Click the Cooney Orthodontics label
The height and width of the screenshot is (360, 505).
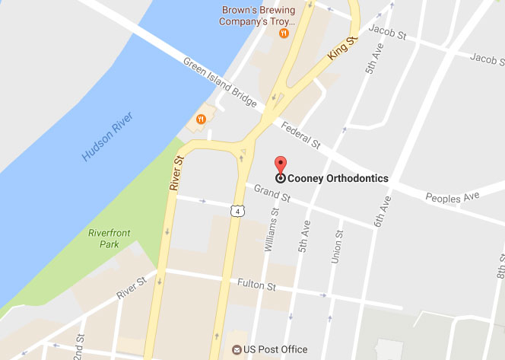pos(338,179)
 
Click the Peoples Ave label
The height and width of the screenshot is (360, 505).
pos(455,198)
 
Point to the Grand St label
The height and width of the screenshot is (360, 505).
pos(273,193)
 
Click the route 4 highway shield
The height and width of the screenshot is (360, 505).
pos(238,209)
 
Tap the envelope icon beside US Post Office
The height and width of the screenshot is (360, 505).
pos(238,350)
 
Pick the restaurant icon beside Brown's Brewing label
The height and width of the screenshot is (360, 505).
pos(284,33)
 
